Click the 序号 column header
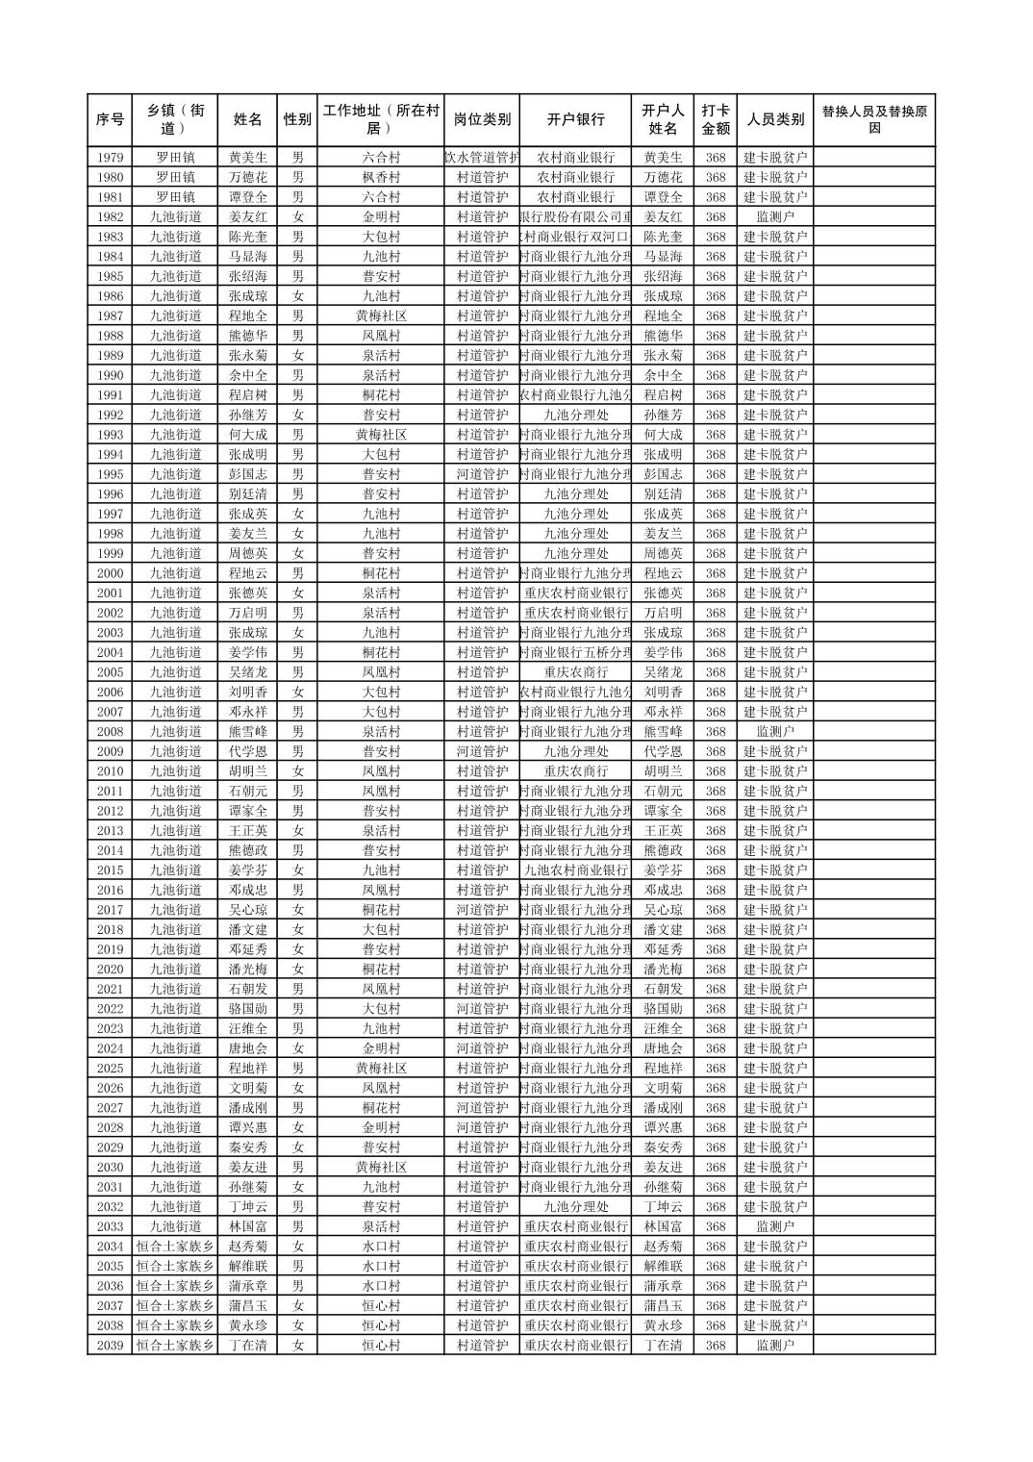click(110, 120)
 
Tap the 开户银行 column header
click(575, 120)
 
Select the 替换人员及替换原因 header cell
click(873, 120)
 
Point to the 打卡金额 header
click(715, 120)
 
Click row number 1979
click(110, 158)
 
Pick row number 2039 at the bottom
click(110, 1346)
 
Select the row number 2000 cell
click(110, 573)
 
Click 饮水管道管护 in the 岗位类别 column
click(482, 158)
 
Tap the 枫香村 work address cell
click(381, 177)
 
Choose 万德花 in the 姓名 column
click(247, 177)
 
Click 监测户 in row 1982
click(774, 217)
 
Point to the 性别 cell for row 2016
click(297, 891)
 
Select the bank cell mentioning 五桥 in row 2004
click(575, 653)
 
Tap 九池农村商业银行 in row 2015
click(575, 870)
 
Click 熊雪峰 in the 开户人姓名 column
click(663, 732)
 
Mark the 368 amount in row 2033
click(715, 1226)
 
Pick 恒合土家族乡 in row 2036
click(175, 1286)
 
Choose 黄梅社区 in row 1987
click(381, 316)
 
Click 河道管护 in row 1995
click(482, 474)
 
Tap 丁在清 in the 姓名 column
click(247, 1346)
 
